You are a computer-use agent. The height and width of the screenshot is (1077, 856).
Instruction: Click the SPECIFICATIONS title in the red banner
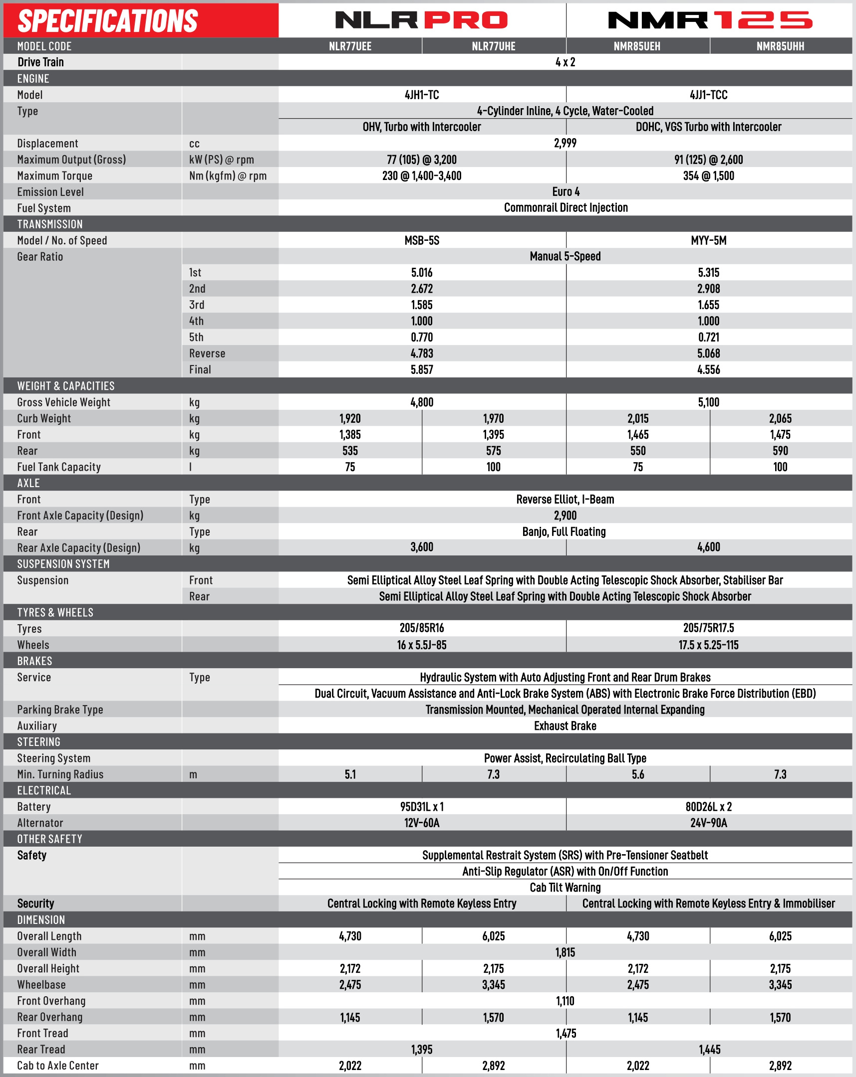[x=107, y=21]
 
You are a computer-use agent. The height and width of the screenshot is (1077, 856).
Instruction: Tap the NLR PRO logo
[x=421, y=20]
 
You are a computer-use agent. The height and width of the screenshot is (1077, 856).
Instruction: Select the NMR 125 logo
[x=709, y=20]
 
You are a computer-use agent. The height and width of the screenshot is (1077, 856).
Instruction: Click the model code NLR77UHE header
[x=494, y=46]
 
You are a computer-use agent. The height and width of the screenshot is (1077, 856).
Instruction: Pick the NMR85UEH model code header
[x=637, y=46]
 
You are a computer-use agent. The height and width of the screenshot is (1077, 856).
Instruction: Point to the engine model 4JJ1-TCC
[x=708, y=95]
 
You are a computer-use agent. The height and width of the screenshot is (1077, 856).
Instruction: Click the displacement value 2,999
[x=565, y=144]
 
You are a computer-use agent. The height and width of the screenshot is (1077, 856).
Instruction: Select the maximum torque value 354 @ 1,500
[x=708, y=176]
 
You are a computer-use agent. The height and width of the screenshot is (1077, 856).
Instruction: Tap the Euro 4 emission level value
[x=566, y=192]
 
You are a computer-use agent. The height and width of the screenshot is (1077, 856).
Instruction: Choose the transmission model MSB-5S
[x=421, y=241]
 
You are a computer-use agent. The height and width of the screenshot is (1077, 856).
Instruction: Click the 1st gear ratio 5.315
[x=708, y=273]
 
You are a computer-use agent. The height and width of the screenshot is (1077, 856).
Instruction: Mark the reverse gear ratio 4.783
[x=421, y=354]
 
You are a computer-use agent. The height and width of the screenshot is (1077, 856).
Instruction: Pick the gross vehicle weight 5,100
[x=708, y=402]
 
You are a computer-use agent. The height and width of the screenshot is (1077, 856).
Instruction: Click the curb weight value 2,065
[x=780, y=419]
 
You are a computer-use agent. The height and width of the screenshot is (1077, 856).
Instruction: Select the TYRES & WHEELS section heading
[x=55, y=612]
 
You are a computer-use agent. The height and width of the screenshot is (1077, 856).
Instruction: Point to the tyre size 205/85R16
[x=421, y=628]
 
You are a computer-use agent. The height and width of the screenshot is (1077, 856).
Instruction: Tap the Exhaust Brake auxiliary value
[x=565, y=726]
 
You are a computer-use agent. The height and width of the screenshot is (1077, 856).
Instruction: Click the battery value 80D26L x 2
[x=708, y=807]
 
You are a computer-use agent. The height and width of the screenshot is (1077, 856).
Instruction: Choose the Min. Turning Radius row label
[x=60, y=774]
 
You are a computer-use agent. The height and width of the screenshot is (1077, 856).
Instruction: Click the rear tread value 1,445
[x=709, y=1050]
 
